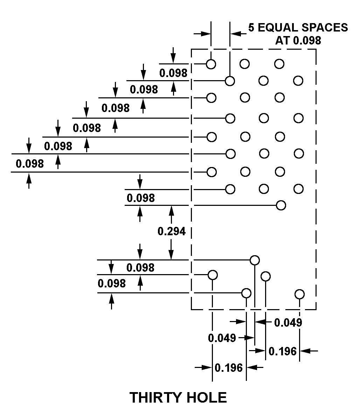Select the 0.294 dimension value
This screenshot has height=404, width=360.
172,231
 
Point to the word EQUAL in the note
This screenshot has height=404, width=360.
280,28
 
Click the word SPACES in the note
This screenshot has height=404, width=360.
326,28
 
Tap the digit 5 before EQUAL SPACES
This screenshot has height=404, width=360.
251,28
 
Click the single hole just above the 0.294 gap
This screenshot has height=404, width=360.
281,205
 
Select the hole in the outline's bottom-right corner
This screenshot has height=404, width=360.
299,294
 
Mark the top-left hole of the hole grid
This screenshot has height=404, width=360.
211,64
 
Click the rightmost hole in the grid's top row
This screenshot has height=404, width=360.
279,64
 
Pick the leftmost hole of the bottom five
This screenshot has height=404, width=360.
213,274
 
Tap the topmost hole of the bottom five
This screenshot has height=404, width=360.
255,260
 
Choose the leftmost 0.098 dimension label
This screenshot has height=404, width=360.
30,163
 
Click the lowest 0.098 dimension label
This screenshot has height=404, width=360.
112,283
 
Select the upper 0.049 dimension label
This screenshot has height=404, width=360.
288,322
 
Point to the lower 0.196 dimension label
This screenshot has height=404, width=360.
229,368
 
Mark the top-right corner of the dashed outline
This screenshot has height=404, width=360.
316,49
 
